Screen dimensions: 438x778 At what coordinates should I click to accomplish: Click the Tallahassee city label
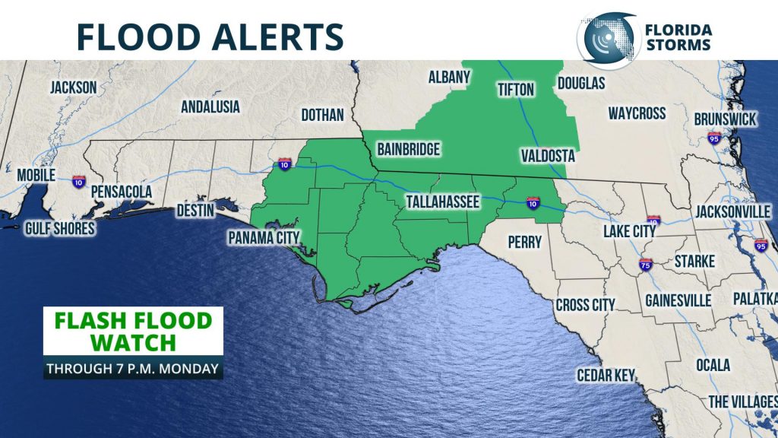(x=442, y=202)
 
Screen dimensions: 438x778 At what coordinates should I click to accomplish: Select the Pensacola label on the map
(x=122, y=192)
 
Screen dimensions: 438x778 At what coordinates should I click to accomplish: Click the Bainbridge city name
(x=408, y=149)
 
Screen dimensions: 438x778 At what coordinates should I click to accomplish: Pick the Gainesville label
(x=678, y=300)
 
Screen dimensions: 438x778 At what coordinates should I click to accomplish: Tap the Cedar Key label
(x=607, y=375)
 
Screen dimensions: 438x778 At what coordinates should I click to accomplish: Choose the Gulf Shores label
(x=59, y=228)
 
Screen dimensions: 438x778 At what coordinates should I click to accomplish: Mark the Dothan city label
(x=323, y=115)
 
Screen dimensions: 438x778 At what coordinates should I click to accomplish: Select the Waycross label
(x=637, y=113)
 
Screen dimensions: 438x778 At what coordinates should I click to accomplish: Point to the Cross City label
(x=585, y=304)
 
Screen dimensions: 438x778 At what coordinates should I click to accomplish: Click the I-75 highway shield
(x=646, y=265)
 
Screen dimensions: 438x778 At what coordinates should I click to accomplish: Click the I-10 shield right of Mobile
(x=78, y=181)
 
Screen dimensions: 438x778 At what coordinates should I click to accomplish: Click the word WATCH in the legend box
(x=133, y=341)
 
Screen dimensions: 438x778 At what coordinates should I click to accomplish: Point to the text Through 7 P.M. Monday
(x=133, y=369)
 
